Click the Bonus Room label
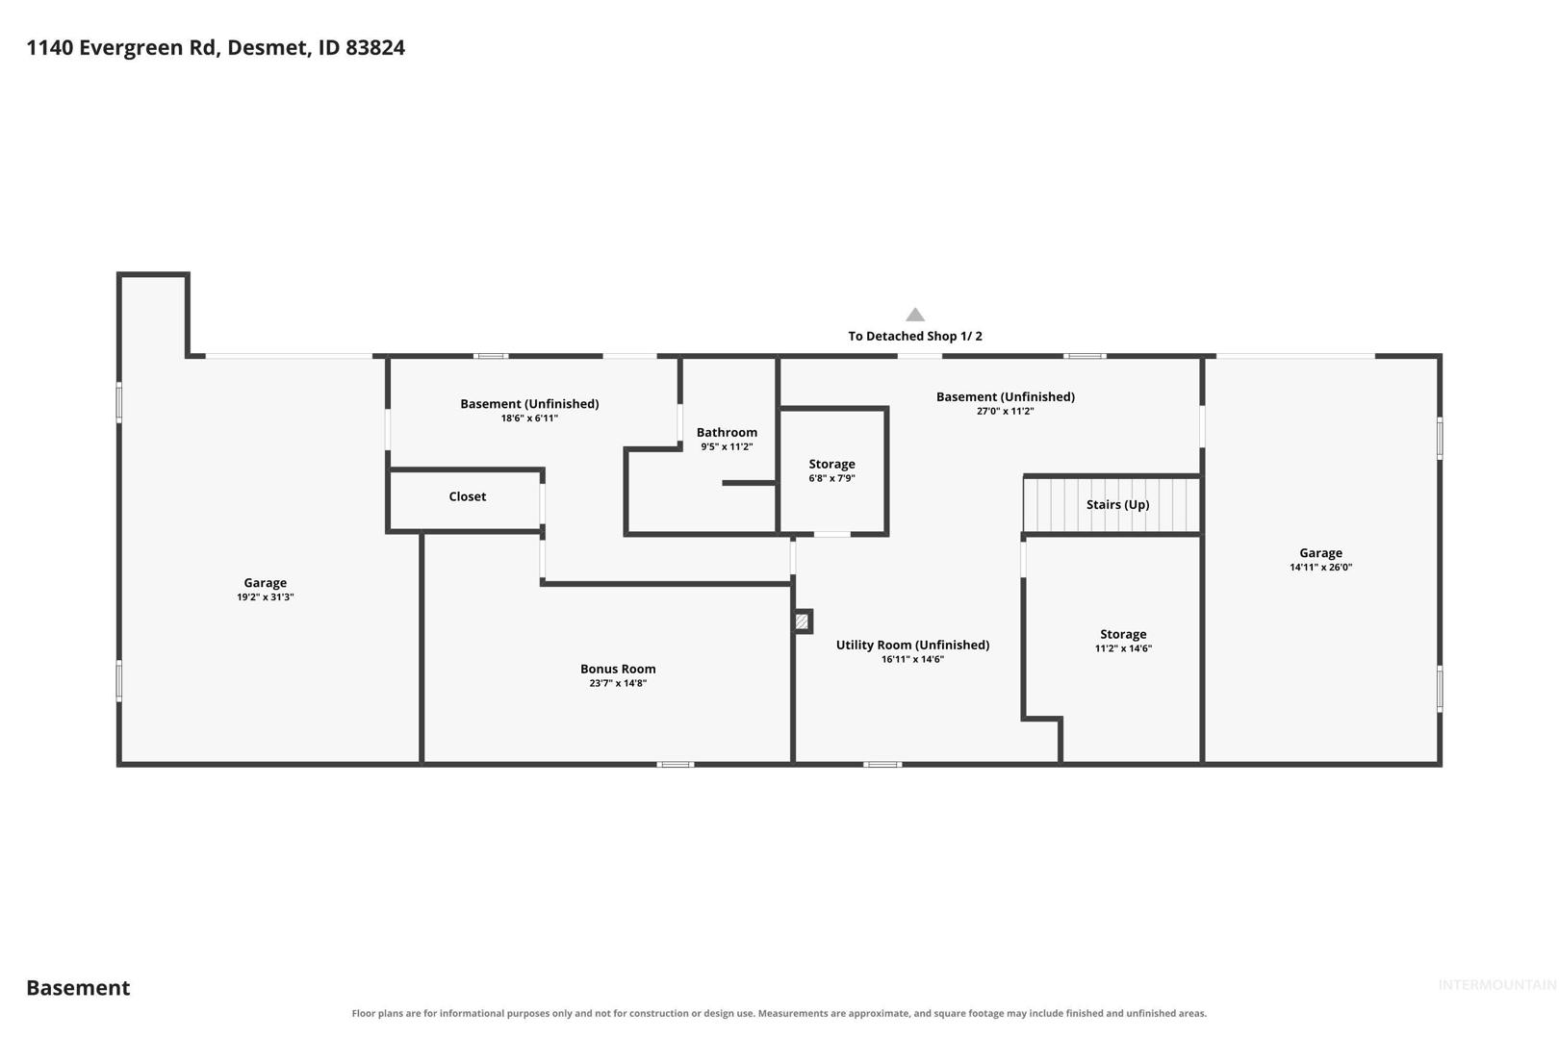[x=617, y=669]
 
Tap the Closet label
[x=467, y=496]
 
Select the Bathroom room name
[x=727, y=432]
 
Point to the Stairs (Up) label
[x=1117, y=504]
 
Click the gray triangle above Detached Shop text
[x=914, y=316]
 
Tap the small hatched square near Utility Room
[x=802, y=621]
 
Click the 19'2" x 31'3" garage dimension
[x=266, y=597]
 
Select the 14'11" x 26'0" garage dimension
[x=1320, y=568]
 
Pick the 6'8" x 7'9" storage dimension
[x=831, y=478]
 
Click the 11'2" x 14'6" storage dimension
[x=1123, y=648]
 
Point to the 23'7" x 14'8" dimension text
[x=617, y=683]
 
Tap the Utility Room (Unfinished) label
[x=912, y=646]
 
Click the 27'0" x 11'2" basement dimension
[x=1005, y=412]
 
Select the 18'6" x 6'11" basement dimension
[x=529, y=418]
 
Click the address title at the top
[x=216, y=47]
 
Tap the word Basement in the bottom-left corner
[x=78, y=987]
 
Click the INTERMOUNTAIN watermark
[x=1496, y=985]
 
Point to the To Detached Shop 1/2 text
[x=914, y=336]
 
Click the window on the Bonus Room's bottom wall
[x=676, y=765]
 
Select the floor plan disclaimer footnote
[x=779, y=1013]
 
